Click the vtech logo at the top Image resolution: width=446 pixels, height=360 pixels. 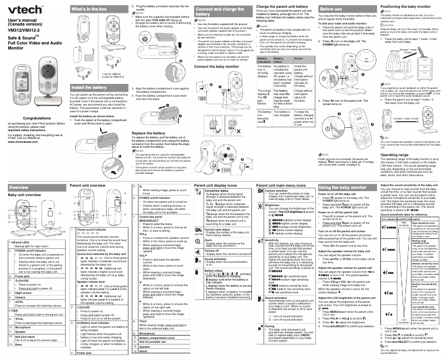[18, 8]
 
